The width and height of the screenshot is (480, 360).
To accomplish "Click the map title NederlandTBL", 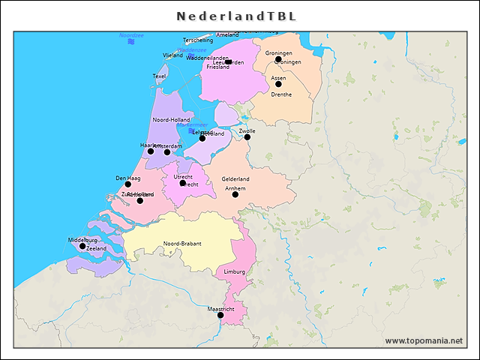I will pyautogui.click(x=236, y=16).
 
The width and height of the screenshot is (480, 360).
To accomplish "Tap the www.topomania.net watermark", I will pyautogui.click(x=424, y=340).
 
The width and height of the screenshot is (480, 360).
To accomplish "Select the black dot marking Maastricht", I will pyautogui.click(x=220, y=316).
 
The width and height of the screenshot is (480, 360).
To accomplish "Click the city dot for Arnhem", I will pyautogui.click(x=235, y=194).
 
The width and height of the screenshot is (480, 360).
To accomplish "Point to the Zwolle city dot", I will pyautogui.click(x=247, y=137).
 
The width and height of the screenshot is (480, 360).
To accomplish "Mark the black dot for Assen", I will pyautogui.click(x=278, y=84).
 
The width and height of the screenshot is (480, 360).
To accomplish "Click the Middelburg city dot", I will pyautogui.click(x=82, y=246).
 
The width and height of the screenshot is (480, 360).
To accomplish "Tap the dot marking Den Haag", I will pyautogui.click(x=127, y=184).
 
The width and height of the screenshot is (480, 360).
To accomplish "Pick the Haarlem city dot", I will pyautogui.click(x=150, y=151).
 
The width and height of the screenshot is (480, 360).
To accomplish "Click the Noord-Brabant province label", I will pyautogui.click(x=182, y=244).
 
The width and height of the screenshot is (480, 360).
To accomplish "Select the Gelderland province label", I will pyautogui.click(x=235, y=179).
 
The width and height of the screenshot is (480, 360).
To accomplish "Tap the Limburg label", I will pyautogui.click(x=234, y=271).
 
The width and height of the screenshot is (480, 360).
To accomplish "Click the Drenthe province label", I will pyautogui.click(x=281, y=94).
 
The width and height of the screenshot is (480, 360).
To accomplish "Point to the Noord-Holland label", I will pyautogui.click(x=171, y=120).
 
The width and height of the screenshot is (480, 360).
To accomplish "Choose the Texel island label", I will pyautogui.click(x=160, y=76).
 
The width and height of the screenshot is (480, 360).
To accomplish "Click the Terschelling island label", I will pyautogui.click(x=198, y=40).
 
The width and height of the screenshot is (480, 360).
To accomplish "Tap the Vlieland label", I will pyautogui.click(x=172, y=55).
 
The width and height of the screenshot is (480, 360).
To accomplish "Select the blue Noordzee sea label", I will pyautogui.click(x=131, y=35).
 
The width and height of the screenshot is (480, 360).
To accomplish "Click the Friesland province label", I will pyautogui.click(x=217, y=67).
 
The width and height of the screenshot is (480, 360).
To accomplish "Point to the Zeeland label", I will pyautogui.click(x=96, y=248).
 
